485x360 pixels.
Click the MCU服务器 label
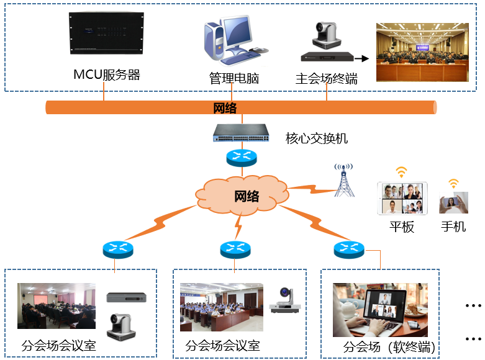pos(107,75)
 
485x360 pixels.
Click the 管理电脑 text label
pos(233,79)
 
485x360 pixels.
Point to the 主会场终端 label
pos(326,79)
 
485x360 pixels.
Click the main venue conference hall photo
pos(422,52)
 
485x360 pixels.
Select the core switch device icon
pos(242,132)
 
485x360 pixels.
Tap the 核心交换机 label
pos(316,138)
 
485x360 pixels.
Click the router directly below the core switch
pos(242,157)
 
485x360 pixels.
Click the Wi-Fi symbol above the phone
pos(454,183)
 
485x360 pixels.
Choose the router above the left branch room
pos(118,250)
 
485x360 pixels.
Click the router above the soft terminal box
pos(348,250)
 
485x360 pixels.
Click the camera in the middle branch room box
pos(284,300)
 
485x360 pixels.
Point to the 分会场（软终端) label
pos(389,346)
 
